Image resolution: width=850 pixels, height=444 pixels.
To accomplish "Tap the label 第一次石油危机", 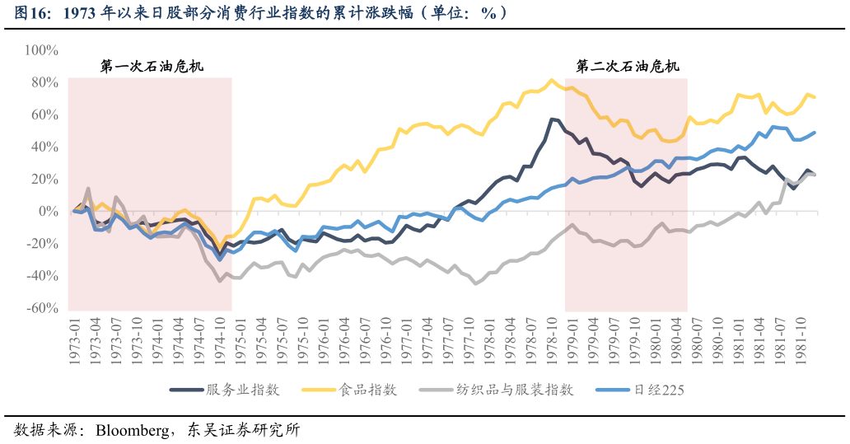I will (152, 67).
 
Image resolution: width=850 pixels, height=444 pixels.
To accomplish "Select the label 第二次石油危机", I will (628, 67).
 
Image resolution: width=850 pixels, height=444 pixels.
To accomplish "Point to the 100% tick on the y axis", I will (41, 50).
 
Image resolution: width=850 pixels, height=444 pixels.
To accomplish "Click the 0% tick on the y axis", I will (48, 212).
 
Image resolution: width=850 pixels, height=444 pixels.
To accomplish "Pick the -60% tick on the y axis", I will (42, 308).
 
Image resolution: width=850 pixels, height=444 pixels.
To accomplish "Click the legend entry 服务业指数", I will (243, 390).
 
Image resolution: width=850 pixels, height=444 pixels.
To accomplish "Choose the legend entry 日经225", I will (656, 390).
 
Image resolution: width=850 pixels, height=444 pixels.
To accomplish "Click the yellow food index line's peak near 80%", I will (551, 80).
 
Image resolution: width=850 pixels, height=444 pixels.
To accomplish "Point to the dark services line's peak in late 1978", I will (551, 119).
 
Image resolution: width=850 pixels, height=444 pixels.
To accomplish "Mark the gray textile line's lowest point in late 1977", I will (475, 283).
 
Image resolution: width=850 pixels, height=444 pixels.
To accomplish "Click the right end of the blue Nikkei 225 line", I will (815, 132).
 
